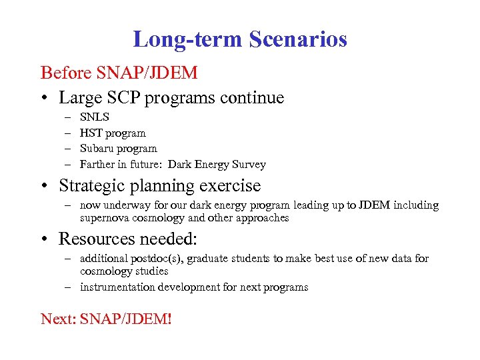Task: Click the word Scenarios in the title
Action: tap(297, 39)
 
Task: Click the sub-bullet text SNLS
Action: tap(95, 117)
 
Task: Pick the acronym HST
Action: tap(91, 133)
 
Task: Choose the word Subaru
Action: tap(97, 148)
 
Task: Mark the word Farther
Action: tap(98, 164)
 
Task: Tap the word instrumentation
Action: tap(117, 287)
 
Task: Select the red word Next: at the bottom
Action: tap(58, 319)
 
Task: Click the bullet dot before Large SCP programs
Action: tap(45, 99)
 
